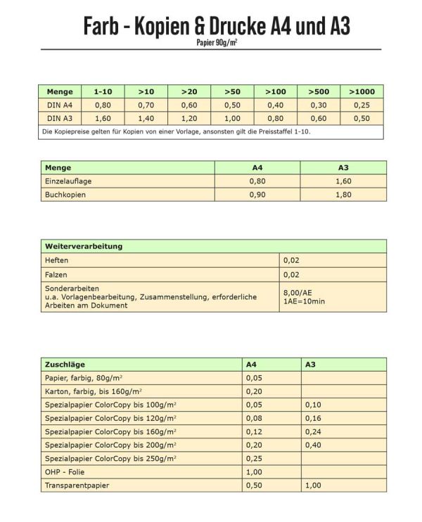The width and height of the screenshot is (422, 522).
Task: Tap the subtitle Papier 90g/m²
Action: tap(217, 42)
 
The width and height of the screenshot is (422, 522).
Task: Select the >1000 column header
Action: tap(362, 92)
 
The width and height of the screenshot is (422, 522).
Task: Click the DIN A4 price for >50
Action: tap(232, 105)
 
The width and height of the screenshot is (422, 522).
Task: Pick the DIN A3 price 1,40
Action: tap(146, 118)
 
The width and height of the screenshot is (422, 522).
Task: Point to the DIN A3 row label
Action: tap(60, 118)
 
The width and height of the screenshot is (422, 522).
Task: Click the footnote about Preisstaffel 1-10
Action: tap(176, 131)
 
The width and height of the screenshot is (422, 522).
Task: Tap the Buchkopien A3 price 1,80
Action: tap(343, 195)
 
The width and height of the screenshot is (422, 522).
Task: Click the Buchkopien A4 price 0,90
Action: tap(257, 195)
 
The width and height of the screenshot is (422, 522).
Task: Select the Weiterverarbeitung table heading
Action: tap(84, 247)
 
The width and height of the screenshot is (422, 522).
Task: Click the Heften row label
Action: tap(56, 261)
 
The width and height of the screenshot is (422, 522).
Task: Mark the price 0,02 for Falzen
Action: tap(291, 275)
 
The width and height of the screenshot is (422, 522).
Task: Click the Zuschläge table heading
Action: tap(65, 365)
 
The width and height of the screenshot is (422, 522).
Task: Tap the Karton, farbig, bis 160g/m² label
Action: tap(93, 391)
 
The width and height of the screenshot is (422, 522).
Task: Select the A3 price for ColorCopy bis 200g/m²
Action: tap(314, 445)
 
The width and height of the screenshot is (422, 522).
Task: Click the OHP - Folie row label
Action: tap(65, 472)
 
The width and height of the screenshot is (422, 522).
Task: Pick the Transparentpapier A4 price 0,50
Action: tap(254, 485)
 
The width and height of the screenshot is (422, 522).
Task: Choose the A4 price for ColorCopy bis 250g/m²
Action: tap(254, 459)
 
